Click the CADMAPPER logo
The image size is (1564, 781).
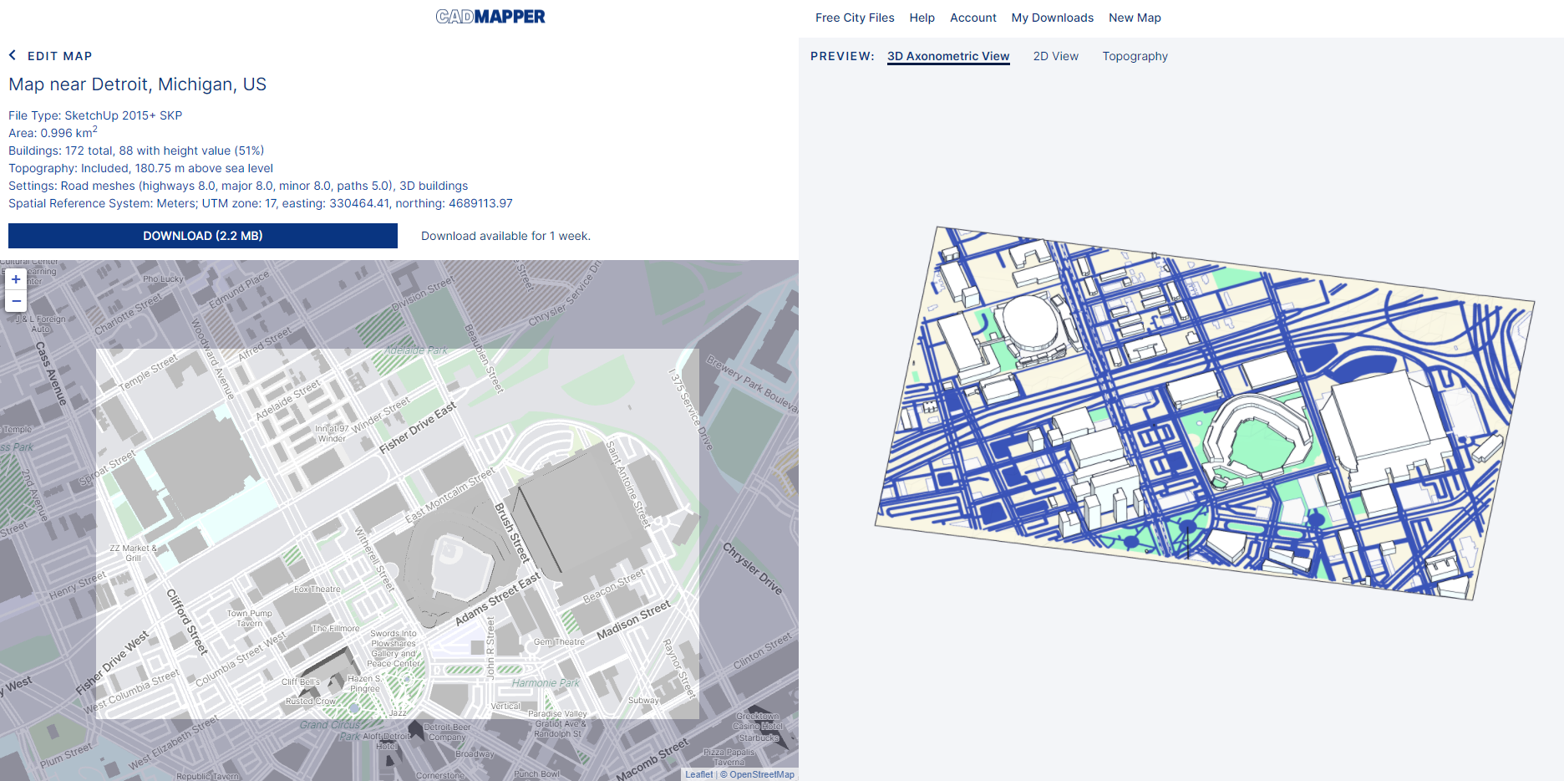490,17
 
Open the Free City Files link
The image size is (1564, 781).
855,18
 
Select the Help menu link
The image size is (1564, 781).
922,18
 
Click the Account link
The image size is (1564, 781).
972,18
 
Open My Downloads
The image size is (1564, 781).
1052,18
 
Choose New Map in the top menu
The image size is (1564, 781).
1135,18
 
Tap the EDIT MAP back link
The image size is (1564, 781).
51,56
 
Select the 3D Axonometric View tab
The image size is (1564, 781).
948,56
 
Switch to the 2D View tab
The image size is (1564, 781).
1055,56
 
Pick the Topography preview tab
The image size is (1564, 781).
1135,56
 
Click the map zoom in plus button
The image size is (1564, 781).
16,279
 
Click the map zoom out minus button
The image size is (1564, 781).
16,301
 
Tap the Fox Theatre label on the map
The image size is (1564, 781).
317,589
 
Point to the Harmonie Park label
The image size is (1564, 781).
546,683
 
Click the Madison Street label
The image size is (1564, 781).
633,620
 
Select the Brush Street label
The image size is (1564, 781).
512,532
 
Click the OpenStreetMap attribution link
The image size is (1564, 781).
761,774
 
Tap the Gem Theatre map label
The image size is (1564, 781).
559,641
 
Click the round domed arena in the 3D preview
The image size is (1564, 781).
1030,323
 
